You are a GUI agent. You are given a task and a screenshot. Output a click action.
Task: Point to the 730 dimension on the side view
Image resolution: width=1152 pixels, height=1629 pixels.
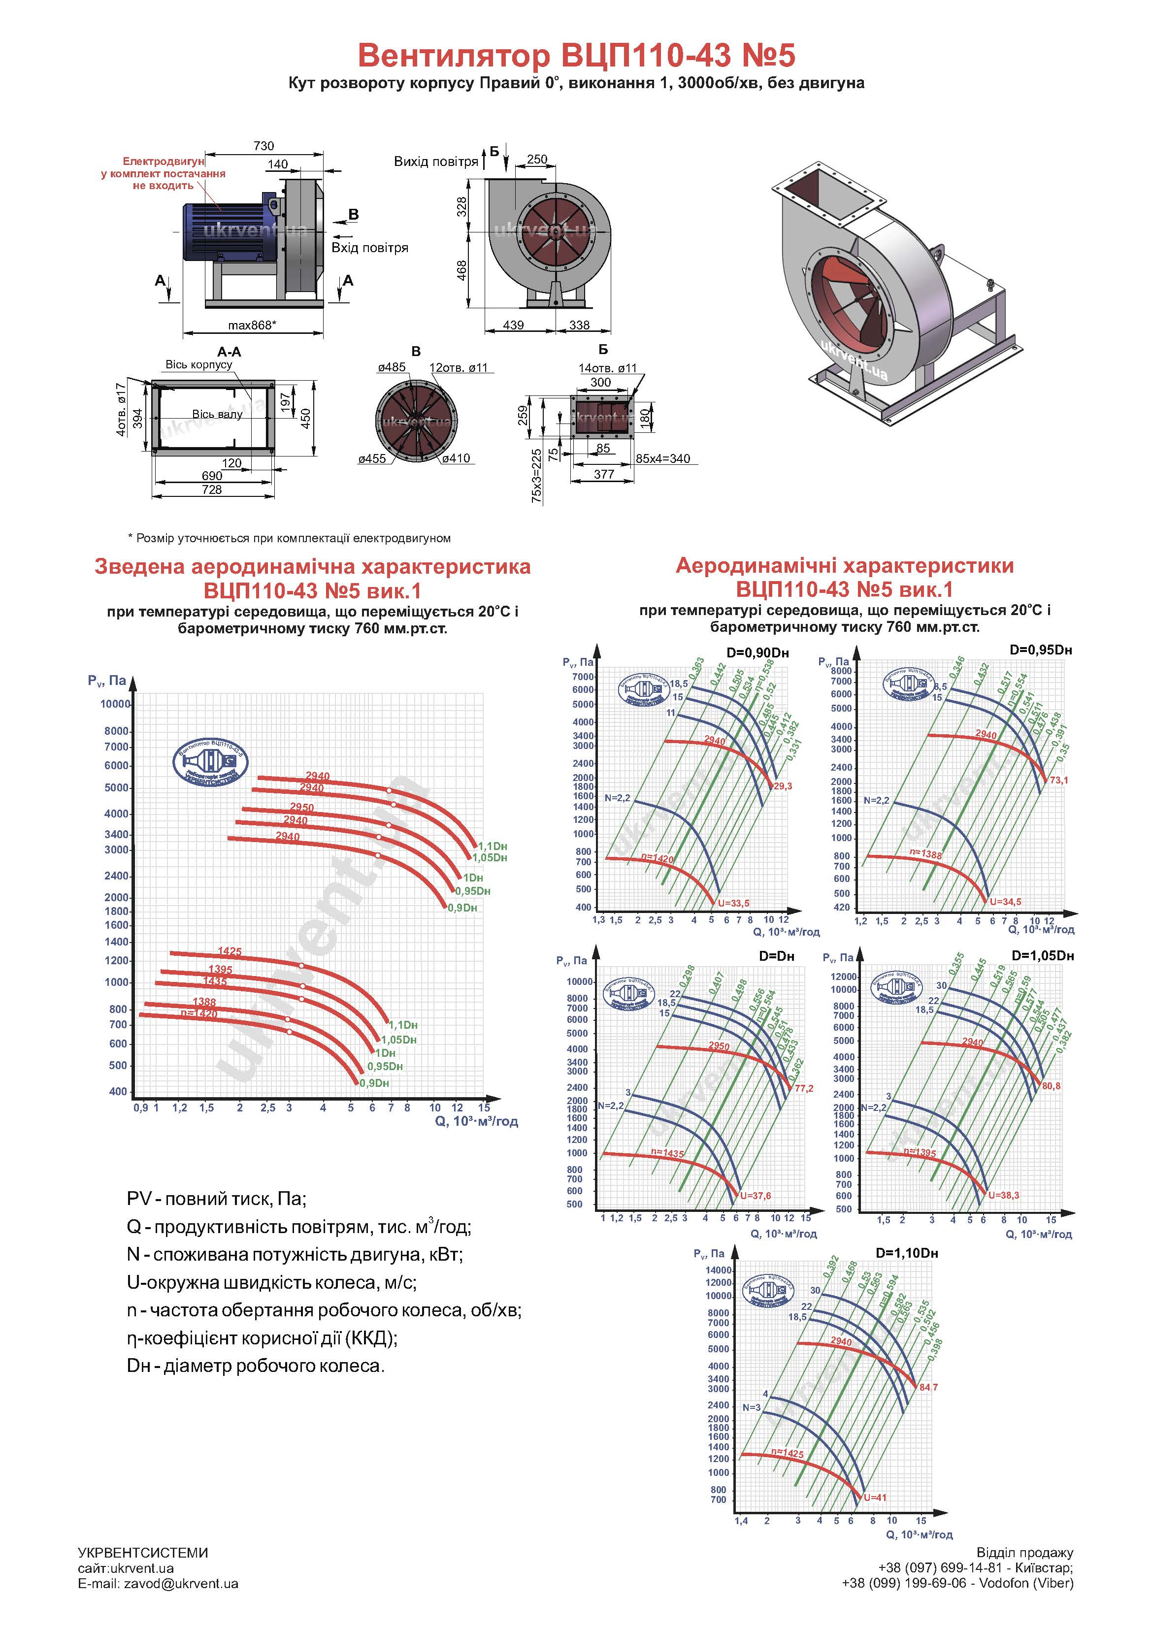[263, 146]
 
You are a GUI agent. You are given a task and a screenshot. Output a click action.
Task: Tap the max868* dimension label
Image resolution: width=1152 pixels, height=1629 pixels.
[252, 326]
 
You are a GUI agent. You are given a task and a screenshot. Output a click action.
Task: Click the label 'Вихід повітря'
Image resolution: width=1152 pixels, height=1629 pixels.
[436, 162]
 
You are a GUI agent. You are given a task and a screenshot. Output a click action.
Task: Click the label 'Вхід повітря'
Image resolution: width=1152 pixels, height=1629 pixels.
[370, 248]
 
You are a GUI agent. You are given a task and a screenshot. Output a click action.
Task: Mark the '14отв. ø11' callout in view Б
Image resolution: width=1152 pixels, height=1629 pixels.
[608, 368]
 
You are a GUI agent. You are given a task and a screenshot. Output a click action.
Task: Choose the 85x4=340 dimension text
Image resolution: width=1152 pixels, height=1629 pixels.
[662, 459]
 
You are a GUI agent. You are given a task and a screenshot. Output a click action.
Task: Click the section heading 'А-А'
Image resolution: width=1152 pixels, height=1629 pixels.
[229, 352]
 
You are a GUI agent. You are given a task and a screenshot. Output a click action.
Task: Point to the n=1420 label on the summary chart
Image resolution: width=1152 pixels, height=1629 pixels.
[199, 1013]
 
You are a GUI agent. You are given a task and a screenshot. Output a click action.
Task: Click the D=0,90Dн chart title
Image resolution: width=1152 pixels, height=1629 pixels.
[757, 653]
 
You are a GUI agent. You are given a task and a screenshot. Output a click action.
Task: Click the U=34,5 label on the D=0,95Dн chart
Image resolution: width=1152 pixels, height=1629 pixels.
[1006, 902]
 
